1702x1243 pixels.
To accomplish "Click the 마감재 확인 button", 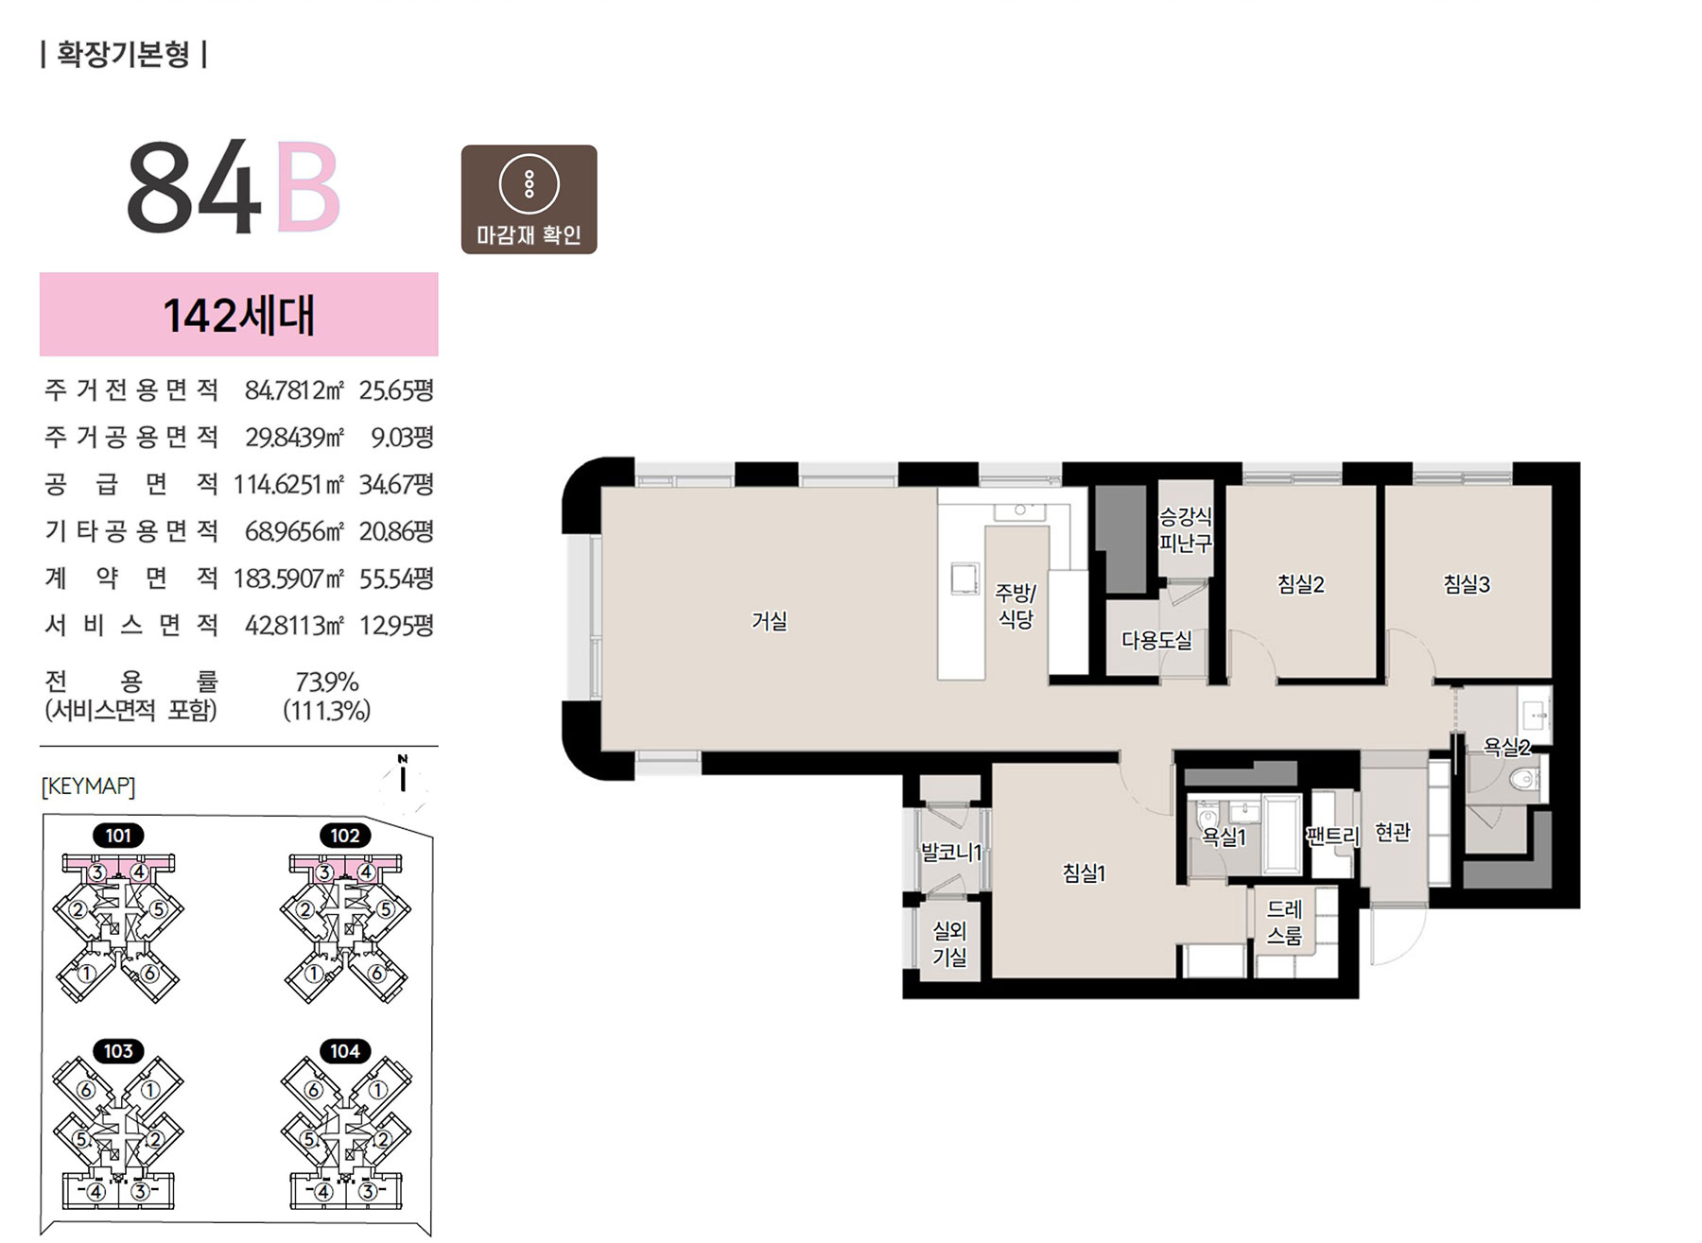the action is tap(529, 199).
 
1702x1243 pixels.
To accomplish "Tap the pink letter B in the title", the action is tap(307, 186).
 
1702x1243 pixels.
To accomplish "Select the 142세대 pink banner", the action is tap(239, 315).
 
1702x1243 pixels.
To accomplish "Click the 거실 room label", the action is tap(769, 621).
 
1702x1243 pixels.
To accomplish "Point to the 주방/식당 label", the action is tap(1016, 606).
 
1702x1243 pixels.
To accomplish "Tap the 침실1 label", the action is tap(1084, 873).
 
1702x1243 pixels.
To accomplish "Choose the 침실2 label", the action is tap(1301, 584).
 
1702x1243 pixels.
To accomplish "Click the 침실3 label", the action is tap(1467, 584).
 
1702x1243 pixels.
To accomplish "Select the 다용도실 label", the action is tap(1156, 640).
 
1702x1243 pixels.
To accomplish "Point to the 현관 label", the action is tap(1392, 832).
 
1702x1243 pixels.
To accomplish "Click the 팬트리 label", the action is tap(1332, 836).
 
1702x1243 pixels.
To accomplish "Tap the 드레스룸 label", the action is tap(1284, 923).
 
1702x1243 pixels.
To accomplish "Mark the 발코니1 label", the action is tap(951, 852).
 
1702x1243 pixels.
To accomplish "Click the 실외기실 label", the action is tap(949, 944).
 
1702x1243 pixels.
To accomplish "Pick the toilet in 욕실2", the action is tap(1525, 780).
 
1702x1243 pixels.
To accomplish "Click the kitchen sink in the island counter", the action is tap(964, 578).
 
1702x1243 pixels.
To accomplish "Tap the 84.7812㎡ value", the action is tap(294, 389).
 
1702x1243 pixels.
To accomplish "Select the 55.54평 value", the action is tap(396, 578).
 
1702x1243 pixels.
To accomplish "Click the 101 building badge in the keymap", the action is tap(118, 836).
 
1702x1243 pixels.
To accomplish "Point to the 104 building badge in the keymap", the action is tap(344, 1051).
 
